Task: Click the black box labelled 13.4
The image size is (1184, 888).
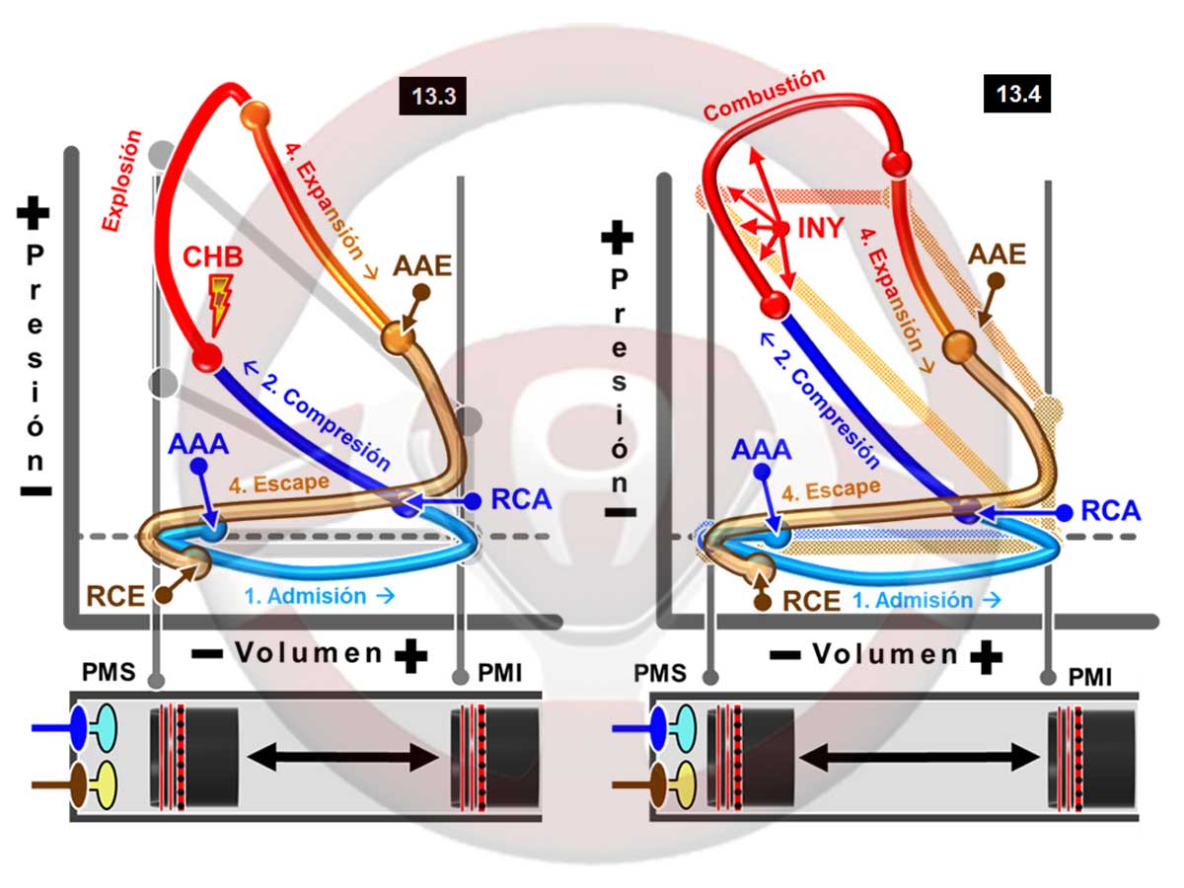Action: [1017, 94]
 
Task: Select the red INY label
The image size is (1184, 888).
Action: [820, 228]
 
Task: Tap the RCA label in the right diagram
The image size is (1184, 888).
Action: [1109, 510]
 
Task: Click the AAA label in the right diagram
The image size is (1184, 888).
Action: [762, 450]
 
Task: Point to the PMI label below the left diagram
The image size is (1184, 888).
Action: [501, 675]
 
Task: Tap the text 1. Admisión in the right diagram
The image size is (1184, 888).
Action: [927, 600]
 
